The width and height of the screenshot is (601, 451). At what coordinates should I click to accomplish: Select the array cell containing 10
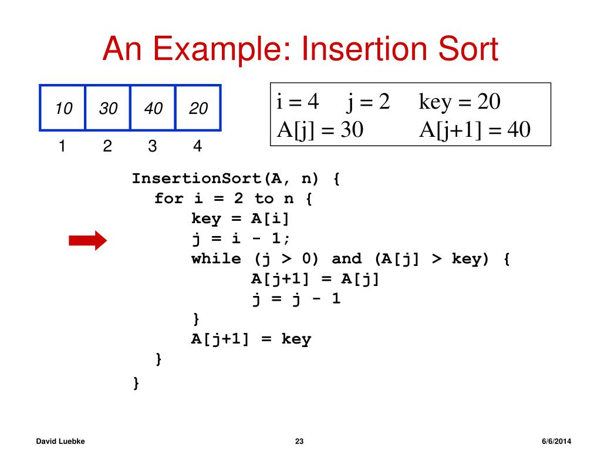[x=63, y=108]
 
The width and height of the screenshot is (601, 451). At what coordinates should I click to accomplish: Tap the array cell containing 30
[x=108, y=108]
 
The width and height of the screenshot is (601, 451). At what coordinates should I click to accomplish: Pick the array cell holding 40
[x=153, y=108]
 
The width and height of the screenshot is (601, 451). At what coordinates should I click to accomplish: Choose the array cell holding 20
[x=198, y=108]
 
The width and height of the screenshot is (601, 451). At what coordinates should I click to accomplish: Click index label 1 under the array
[x=61, y=146]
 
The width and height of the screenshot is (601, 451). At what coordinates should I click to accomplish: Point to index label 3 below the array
[x=153, y=146]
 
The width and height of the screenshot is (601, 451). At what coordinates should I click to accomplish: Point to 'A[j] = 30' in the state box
[x=320, y=129]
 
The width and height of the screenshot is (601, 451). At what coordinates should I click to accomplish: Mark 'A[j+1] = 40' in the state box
[x=474, y=129]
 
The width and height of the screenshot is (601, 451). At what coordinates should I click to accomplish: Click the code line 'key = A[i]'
[x=240, y=219]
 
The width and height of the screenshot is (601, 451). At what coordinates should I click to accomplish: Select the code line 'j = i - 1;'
[x=240, y=239]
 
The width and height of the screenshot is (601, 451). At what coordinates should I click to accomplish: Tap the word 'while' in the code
[x=215, y=259]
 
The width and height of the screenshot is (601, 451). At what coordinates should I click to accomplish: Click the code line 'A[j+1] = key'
[x=251, y=339]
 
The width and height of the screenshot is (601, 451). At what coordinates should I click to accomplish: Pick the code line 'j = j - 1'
[x=296, y=299]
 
